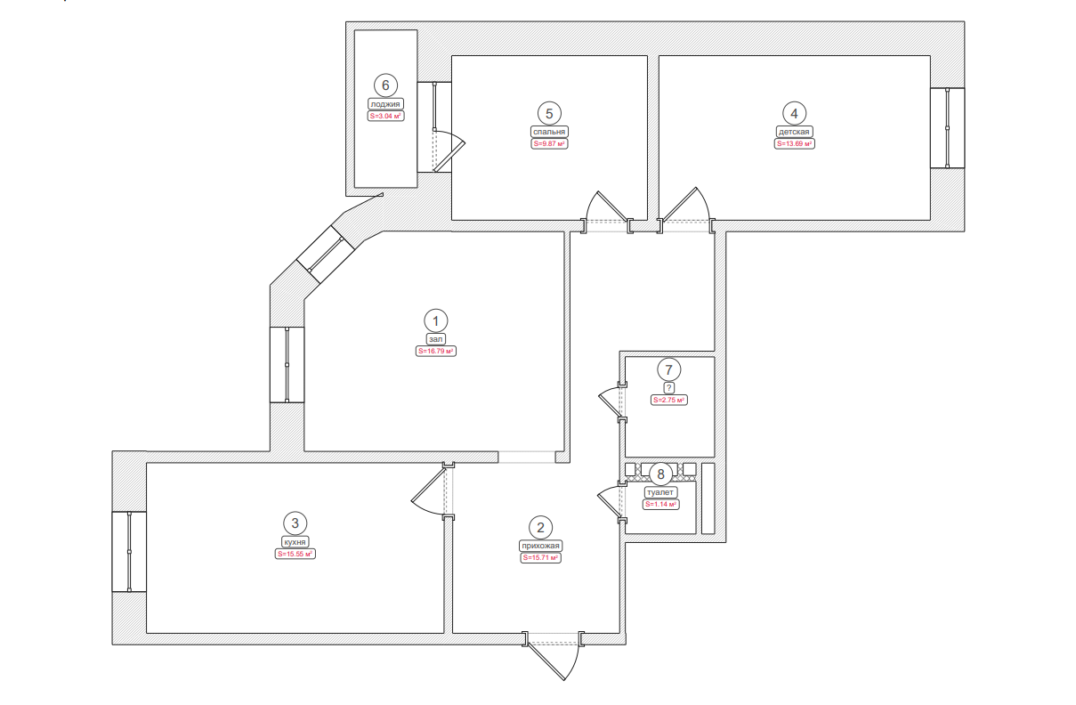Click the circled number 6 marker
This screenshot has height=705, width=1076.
point(385,85)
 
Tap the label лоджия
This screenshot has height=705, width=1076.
point(385,104)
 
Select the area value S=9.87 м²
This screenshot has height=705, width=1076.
point(549,143)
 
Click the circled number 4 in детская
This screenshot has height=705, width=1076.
point(794,114)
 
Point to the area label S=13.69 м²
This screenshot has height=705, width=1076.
point(794,143)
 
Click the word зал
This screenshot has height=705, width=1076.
point(436,339)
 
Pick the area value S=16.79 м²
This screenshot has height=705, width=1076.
point(436,352)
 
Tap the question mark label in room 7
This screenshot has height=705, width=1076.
point(668,388)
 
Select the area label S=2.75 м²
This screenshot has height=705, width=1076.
point(668,400)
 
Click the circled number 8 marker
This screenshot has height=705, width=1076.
point(660,474)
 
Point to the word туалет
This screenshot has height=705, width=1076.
point(660,492)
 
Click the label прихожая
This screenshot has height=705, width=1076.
point(540,546)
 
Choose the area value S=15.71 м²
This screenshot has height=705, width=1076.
point(540,558)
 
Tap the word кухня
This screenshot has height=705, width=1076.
point(295,542)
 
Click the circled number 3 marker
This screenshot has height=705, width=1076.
point(295,523)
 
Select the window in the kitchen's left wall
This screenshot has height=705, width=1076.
point(129,552)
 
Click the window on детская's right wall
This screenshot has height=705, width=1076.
point(947,128)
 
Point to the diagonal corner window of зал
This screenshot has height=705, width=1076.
point(326,255)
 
